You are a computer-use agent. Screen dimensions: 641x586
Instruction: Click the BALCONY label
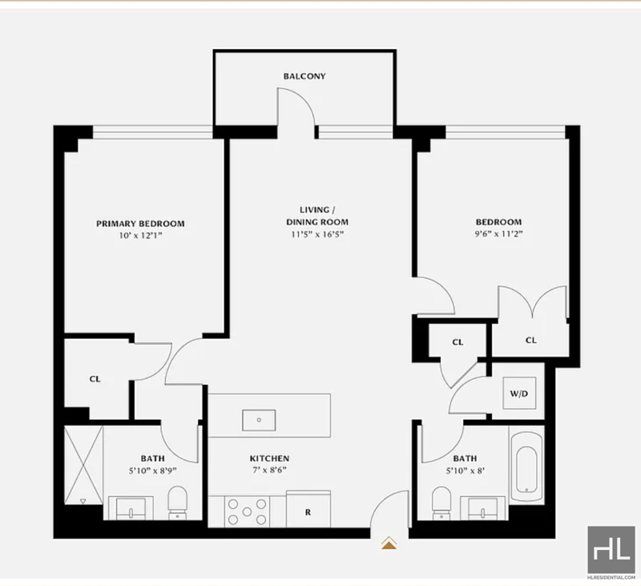(304, 76)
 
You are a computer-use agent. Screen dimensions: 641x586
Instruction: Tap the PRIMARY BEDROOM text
(140, 224)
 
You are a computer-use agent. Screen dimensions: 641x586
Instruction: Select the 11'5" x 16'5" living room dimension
(317, 234)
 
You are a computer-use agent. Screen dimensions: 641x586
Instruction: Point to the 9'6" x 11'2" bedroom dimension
(498, 234)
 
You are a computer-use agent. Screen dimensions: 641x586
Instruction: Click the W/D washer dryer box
(519, 394)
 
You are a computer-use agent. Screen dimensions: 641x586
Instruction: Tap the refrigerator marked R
(308, 509)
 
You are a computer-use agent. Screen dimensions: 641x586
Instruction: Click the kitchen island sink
(259, 420)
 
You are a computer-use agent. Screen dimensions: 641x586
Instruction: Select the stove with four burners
(247, 511)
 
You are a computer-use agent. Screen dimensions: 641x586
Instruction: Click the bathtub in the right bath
(526, 463)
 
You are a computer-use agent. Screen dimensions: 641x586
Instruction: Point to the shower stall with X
(83, 465)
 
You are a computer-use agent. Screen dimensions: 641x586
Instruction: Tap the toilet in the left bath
(177, 503)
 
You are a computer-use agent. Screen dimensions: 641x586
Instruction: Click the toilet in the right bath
(441, 503)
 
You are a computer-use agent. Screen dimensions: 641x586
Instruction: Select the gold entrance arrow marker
(389, 543)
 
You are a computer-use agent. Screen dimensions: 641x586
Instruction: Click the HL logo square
(611, 549)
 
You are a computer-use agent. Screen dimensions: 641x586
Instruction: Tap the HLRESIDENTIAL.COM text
(611, 577)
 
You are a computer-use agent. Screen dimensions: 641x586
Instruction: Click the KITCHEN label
(269, 459)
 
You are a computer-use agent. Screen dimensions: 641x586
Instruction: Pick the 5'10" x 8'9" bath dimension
(153, 471)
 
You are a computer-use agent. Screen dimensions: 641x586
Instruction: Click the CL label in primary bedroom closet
(95, 379)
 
